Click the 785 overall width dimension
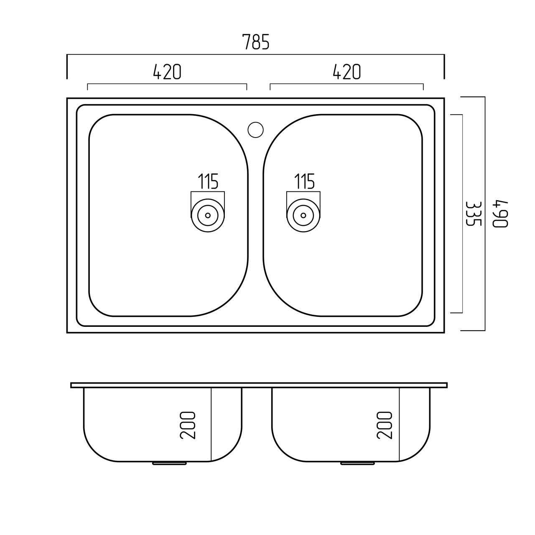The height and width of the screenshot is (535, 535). (x=256, y=42)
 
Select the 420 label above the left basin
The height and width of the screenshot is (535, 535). (x=167, y=71)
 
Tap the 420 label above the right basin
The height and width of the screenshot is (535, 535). (x=347, y=71)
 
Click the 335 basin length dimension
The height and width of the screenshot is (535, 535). (x=474, y=214)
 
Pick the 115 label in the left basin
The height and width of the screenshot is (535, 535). (x=208, y=181)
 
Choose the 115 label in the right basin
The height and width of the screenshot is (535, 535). (x=304, y=181)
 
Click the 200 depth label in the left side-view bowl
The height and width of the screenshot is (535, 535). (x=188, y=425)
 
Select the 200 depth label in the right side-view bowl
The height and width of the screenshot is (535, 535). (x=385, y=425)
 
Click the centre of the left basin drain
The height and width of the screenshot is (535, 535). (x=208, y=215)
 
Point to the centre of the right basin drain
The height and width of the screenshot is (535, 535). (x=303, y=215)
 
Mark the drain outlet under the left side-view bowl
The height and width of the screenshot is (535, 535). (x=169, y=464)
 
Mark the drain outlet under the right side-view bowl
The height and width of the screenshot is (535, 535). (x=358, y=464)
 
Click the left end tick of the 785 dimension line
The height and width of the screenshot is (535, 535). (x=67, y=66)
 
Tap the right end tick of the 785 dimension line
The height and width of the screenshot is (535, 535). (x=444, y=66)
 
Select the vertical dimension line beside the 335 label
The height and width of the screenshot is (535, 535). (x=462, y=214)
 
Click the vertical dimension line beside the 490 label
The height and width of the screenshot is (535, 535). (x=485, y=214)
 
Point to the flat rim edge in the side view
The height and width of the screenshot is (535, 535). (x=259, y=385)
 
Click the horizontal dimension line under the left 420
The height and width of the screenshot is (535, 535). (x=167, y=84)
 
